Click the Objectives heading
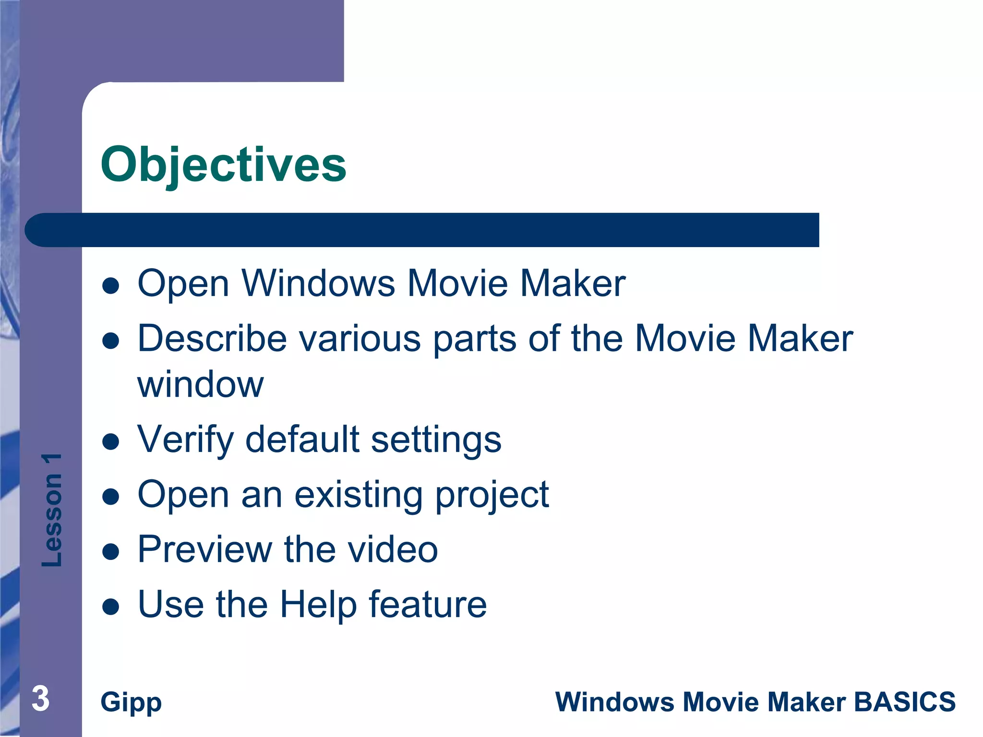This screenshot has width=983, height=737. point(223,165)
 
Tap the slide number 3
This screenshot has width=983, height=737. point(41,699)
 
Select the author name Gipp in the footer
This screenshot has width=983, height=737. point(131,702)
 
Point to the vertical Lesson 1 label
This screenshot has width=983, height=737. point(52,510)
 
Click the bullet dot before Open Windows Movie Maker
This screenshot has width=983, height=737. point(111,286)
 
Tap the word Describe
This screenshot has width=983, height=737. point(212,339)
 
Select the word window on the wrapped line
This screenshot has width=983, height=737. point(201,385)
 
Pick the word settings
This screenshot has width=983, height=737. point(436,440)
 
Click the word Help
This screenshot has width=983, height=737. point(318,605)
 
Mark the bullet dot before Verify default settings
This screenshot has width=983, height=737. point(111,442)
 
